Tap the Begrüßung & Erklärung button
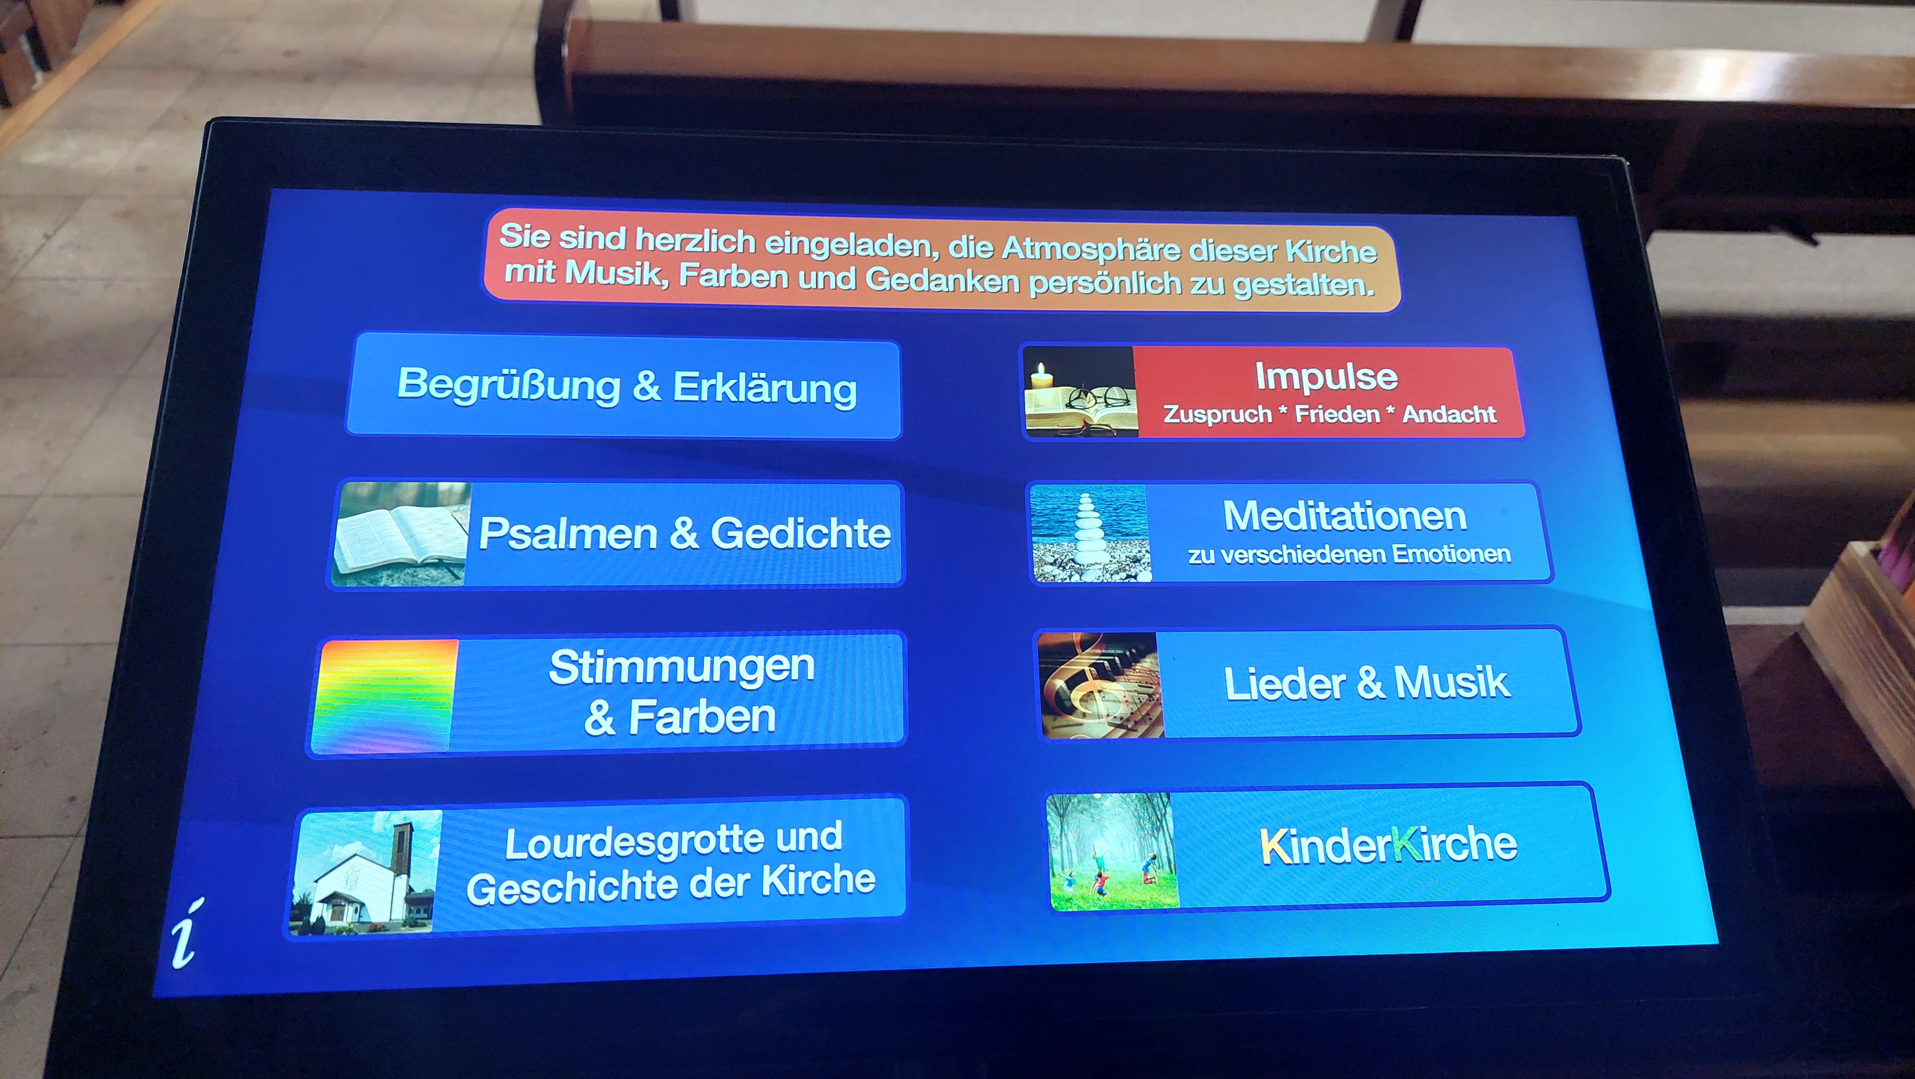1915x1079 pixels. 625,387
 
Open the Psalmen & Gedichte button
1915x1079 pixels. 617,534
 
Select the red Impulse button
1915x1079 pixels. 1273,392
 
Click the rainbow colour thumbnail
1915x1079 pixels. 384,697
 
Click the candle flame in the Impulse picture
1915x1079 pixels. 1042,370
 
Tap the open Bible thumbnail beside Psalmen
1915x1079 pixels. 401,534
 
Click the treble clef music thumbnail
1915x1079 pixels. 1099,686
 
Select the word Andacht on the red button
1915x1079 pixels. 1449,414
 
